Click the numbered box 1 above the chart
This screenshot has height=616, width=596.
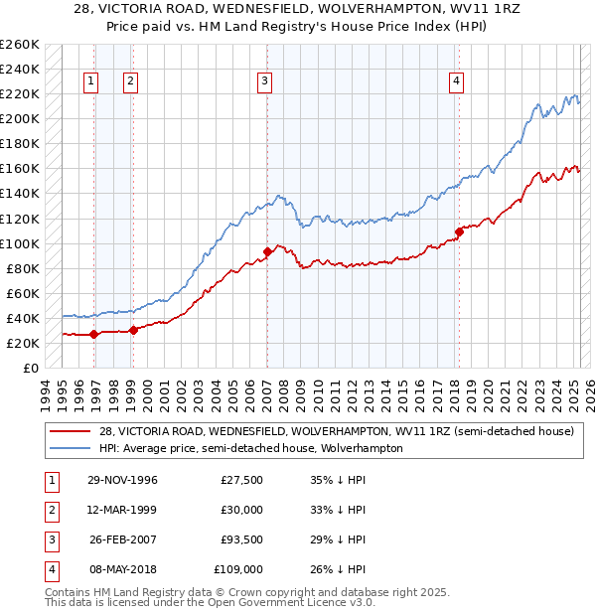[91, 81]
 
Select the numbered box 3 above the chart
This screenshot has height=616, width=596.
[265, 81]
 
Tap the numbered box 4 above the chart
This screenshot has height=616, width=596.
[456, 81]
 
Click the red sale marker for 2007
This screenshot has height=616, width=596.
[267, 251]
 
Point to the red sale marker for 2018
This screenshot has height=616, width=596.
[459, 232]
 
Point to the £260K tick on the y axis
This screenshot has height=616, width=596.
[20, 45]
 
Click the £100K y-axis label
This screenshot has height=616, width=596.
[20, 243]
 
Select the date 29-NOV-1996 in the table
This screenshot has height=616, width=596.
[122, 480]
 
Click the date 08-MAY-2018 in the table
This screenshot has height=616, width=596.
[122, 569]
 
